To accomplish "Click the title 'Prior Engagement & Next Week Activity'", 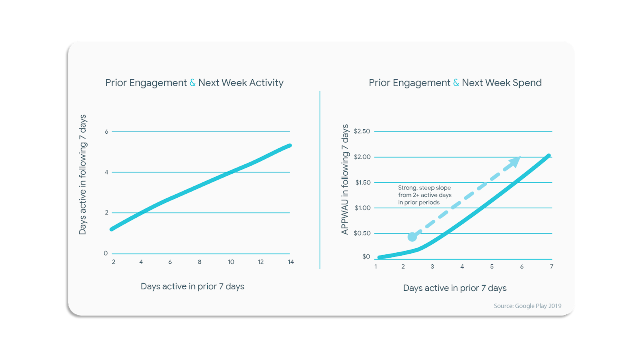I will pyautogui.click(x=194, y=83).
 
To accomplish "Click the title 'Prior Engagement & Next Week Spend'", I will pyautogui.click(x=455, y=83).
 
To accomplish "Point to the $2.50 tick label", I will pyautogui.click(x=362, y=131).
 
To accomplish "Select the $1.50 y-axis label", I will pyautogui.click(x=363, y=182).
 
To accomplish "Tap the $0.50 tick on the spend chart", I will pyautogui.click(x=362, y=233).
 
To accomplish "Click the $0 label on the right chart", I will pyautogui.click(x=366, y=257).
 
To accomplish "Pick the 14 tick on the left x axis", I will pyautogui.click(x=291, y=262).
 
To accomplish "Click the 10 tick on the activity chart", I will pyautogui.click(x=231, y=262).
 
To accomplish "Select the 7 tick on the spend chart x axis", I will pyautogui.click(x=552, y=266).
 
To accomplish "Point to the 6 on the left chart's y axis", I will pyautogui.click(x=106, y=132).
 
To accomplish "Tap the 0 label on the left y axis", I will pyautogui.click(x=106, y=253).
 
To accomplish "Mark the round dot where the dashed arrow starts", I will pyautogui.click(x=412, y=237).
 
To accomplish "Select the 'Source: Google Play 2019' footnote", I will pyautogui.click(x=527, y=306).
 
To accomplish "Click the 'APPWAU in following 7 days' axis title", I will pyautogui.click(x=345, y=180).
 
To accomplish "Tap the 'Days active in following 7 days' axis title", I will pyautogui.click(x=82, y=174).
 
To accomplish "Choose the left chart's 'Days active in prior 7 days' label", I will pyautogui.click(x=192, y=286).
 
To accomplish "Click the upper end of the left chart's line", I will pyautogui.click(x=289, y=146).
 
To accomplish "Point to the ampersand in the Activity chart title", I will pyautogui.click(x=192, y=83).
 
